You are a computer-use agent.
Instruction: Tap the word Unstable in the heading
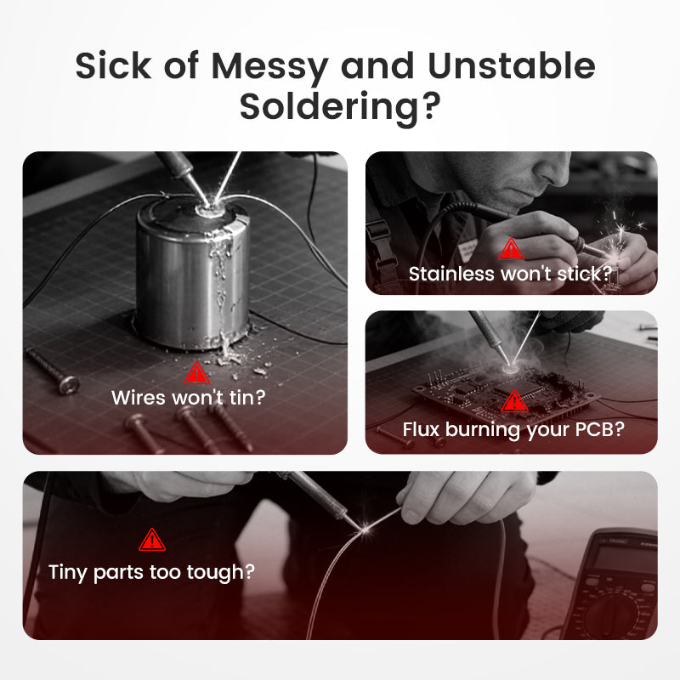tap(512, 65)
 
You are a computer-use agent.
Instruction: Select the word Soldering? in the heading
tap(340, 108)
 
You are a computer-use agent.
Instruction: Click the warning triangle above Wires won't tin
tap(196, 373)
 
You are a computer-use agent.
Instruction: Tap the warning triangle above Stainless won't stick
tap(512, 249)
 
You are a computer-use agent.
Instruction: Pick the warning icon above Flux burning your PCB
tap(514, 400)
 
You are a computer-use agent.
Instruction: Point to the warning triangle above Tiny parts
tap(152, 540)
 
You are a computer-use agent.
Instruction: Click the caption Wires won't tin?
tap(188, 398)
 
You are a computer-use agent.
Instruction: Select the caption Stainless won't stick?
tap(511, 274)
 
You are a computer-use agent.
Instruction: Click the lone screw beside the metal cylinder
tap(53, 371)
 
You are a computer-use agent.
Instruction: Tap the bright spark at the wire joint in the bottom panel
tap(365, 529)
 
